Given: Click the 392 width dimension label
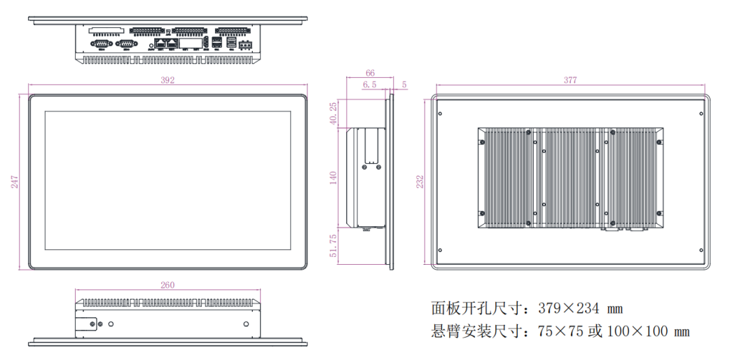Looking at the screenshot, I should tap(167, 81).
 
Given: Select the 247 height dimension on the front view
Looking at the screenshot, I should tap(14, 181).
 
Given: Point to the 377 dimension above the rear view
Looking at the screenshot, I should tap(570, 81).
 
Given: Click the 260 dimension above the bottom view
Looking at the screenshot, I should tap(167, 285).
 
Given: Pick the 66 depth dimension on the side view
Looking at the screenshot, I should tap(371, 73).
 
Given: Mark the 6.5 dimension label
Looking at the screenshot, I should tap(369, 84).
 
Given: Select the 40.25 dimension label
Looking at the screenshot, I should tap(333, 113).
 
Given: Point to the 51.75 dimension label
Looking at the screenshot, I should tap(333, 247).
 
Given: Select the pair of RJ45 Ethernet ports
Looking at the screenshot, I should tap(166, 44).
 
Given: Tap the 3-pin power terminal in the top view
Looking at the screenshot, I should tap(245, 45).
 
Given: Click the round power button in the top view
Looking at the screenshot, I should tap(152, 46).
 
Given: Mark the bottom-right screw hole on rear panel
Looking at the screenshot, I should tap(701, 250).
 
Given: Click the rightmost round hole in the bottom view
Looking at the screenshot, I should tap(246, 324).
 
